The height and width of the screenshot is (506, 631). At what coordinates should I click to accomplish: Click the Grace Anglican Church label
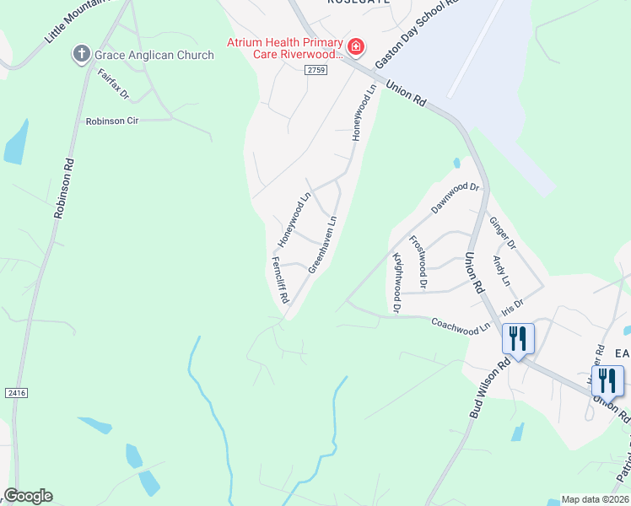(154, 55)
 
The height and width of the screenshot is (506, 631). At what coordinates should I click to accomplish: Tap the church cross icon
(82, 55)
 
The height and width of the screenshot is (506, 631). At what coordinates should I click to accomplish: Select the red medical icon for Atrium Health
(356, 46)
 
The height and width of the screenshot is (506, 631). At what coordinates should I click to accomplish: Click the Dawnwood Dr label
(455, 199)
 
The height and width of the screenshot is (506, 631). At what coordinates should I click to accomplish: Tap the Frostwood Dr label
(418, 261)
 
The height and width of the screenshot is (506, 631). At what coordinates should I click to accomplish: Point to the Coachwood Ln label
(461, 324)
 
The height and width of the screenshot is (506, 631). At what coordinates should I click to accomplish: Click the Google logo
(28, 496)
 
